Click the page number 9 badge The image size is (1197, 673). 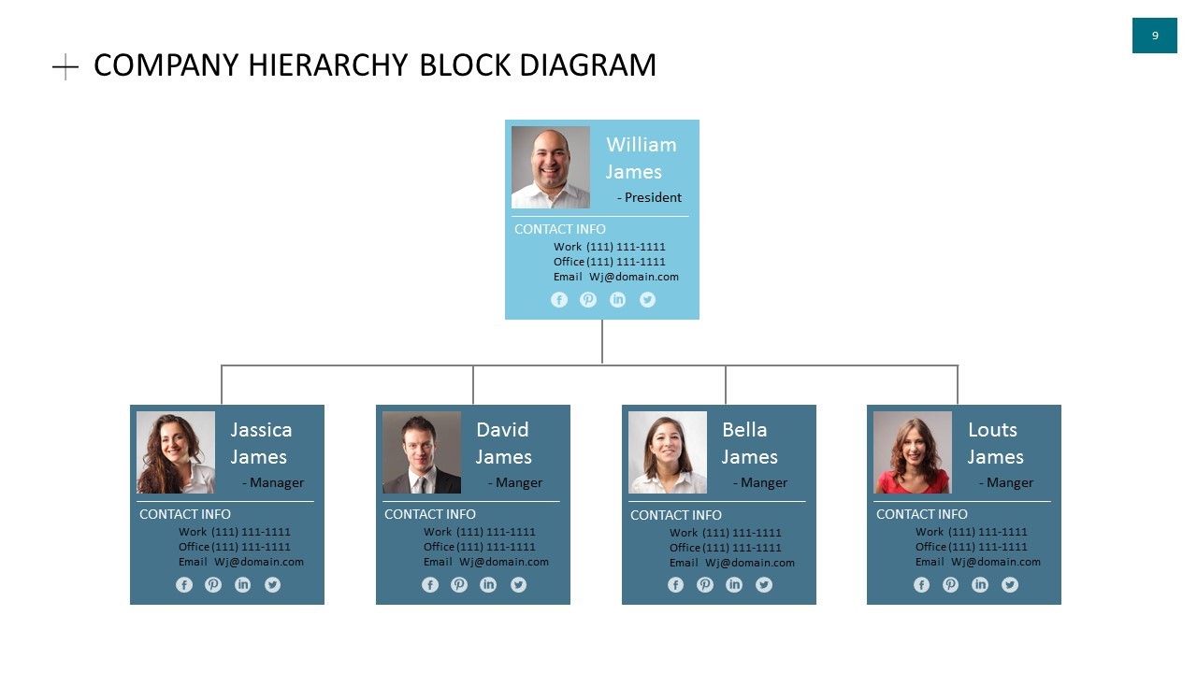1154,36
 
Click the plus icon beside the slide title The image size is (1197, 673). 65,66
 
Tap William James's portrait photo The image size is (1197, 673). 551,167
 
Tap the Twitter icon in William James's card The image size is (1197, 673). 647,300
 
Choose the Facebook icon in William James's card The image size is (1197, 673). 559,300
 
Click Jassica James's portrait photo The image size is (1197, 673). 176,452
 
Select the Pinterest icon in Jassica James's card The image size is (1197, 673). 213,585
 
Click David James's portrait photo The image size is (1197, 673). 422,452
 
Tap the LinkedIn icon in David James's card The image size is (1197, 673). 488,585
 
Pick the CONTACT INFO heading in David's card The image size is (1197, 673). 430,514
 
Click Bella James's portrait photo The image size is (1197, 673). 668,452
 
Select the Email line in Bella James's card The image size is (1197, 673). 732,563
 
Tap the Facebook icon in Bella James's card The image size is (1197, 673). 676,585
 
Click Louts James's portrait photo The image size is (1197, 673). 913,452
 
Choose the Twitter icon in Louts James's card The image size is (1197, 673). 1010,585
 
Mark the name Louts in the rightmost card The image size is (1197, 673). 992,430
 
